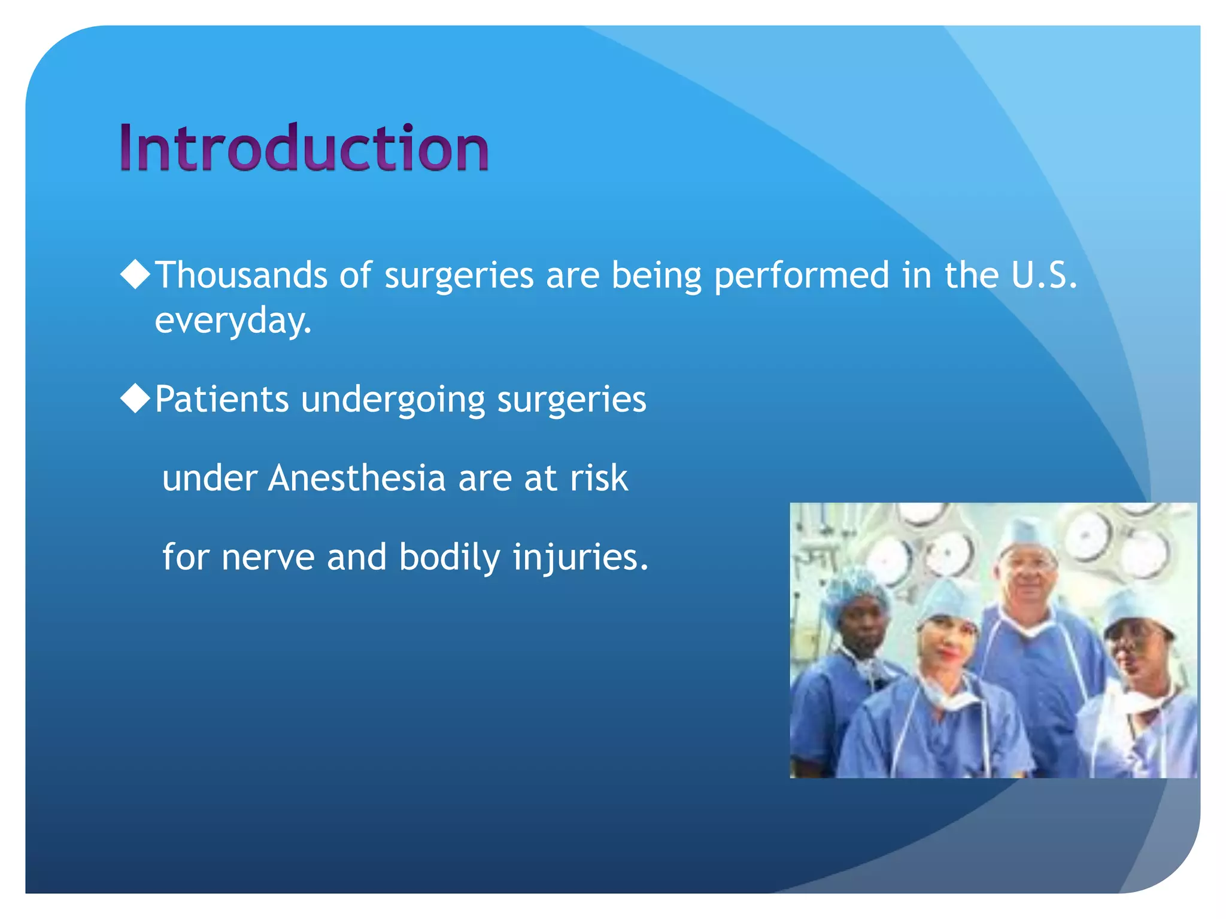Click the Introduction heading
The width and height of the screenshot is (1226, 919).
pos(304,147)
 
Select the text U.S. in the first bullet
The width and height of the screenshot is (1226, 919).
pos(1044,275)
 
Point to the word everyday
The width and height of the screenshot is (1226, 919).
pos(233,321)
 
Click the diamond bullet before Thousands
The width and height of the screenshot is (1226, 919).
pos(135,275)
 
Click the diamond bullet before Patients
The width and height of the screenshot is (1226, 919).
pos(135,398)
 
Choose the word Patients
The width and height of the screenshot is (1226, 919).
pos(221,399)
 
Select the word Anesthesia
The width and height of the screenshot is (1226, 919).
pos(357,478)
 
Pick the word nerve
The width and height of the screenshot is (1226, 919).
pos(268,558)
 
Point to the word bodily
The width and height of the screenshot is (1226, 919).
pos(449,558)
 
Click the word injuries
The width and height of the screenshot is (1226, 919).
pos(581,558)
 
